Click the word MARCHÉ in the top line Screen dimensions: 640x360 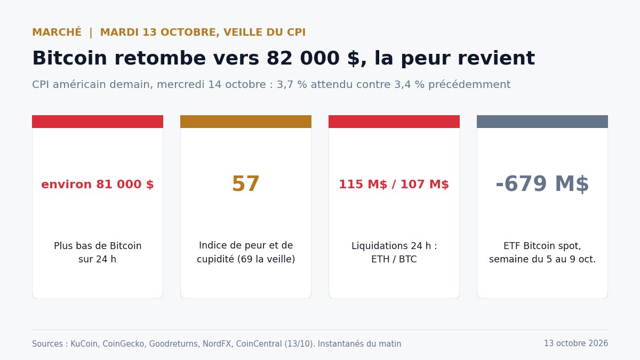57,32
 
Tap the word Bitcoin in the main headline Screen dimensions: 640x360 70,58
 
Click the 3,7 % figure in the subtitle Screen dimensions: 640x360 292,85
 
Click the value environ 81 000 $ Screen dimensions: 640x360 98,185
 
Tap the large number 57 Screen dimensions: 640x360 246,183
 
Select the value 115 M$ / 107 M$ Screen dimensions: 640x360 394,185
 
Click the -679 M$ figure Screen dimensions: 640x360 542,183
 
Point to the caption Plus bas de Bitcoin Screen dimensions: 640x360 98,246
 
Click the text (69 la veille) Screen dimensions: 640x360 266,259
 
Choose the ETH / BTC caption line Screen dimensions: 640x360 394,259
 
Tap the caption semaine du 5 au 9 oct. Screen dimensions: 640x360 542,259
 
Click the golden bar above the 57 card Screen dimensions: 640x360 246,122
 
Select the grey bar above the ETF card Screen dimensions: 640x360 542,122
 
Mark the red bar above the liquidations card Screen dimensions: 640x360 394,122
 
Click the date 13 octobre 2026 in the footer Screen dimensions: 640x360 576,343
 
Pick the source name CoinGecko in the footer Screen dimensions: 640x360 124,343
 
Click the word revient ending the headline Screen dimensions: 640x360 497,58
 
